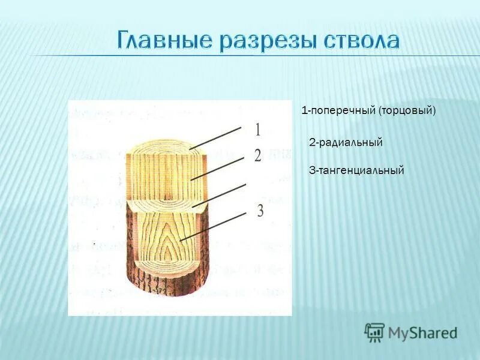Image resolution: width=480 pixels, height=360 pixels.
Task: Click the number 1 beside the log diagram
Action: [257, 130]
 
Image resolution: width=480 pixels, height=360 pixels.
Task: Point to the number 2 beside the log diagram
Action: [257, 156]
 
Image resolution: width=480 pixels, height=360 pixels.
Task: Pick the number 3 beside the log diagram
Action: [260, 211]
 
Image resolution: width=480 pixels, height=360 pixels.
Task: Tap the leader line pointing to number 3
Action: [213, 227]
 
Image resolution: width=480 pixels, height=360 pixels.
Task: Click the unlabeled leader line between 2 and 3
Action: [219, 196]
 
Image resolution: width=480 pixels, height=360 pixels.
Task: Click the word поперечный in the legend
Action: [342, 111]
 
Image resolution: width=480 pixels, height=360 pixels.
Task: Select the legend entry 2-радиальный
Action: [346, 142]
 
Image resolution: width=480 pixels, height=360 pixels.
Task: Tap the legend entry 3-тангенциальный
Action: [356, 170]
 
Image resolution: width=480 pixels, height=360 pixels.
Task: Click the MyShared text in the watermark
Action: [422, 332]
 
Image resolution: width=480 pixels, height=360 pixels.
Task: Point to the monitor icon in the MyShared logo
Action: [374, 332]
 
